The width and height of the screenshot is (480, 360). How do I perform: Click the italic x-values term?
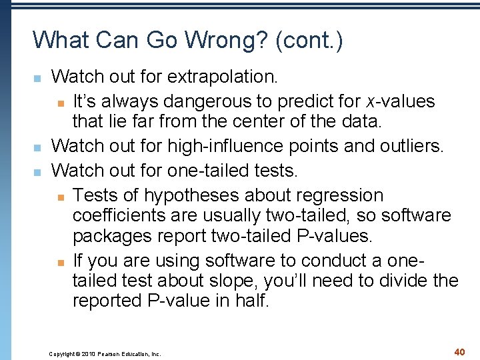tap(400, 101)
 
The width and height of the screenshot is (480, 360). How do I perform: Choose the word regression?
tap(337, 195)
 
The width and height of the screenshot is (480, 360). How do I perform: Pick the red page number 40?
tap(459, 351)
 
